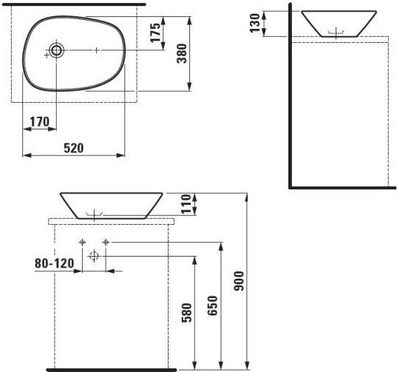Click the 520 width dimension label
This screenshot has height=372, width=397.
tap(73, 148)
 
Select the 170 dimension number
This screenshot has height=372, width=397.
tap(39, 122)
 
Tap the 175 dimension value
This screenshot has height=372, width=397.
tap(155, 33)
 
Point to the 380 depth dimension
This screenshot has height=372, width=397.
tap(182, 53)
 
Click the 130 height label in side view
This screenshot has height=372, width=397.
tap(255, 23)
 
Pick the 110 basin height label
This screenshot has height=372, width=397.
tap(186, 204)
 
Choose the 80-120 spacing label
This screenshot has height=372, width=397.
tap(55, 263)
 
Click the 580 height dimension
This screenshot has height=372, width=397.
tap(187, 313)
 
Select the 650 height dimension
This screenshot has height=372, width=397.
tap(212, 305)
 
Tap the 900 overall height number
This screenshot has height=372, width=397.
tap(239, 281)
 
